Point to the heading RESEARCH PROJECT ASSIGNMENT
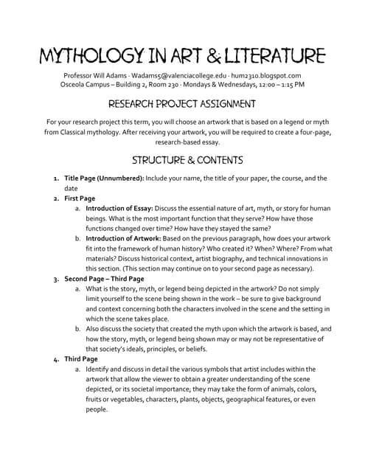pyautogui.click(x=182, y=104)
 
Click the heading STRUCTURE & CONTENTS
pyautogui.click(x=182, y=159)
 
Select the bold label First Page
pyautogui.click(x=80, y=198)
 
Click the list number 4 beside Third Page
pyautogui.click(x=57, y=359)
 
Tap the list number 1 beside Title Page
pyautogui.click(x=57, y=178)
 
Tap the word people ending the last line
pyautogui.click(x=97, y=409)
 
